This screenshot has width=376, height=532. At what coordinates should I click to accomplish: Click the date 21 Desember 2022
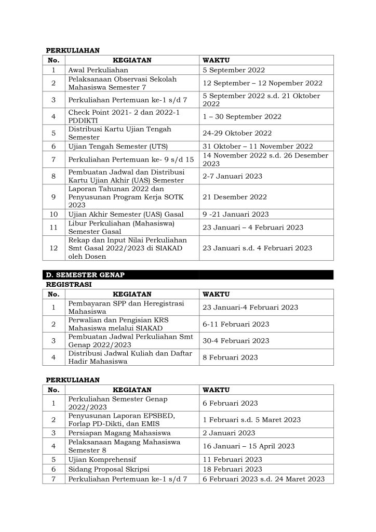coord(235,197)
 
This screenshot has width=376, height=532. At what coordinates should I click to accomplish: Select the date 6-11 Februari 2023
coord(236,324)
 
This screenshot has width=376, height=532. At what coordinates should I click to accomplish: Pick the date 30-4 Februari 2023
coord(236,341)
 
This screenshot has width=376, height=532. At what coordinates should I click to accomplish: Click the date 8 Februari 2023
coord(230,357)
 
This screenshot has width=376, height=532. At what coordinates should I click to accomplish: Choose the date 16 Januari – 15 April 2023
coord(248,446)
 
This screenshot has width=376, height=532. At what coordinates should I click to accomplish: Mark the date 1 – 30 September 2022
coord(242,116)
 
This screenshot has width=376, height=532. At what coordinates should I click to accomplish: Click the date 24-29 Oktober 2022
coord(235,133)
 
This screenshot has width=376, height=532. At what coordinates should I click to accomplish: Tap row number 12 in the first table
coord(53,248)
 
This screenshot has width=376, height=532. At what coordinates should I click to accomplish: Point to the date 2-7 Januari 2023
coord(232,176)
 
